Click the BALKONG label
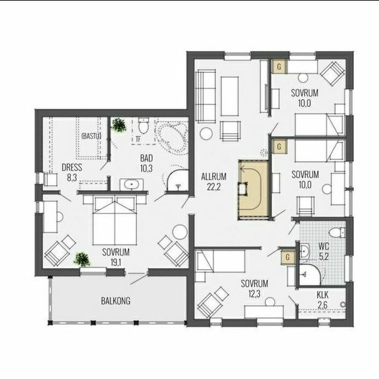[115, 301]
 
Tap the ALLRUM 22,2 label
[214, 181]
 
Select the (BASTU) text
[92, 136]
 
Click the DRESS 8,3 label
[72, 173]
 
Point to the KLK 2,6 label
[323, 300]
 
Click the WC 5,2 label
[324, 252]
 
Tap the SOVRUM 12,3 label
[254, 289]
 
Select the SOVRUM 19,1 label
[116, 257]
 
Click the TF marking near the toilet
[138, 139]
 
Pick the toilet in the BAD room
[143, 125]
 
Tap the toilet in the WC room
[337, 233]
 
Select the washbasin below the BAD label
[132, 185]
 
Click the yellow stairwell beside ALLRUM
[254, 189]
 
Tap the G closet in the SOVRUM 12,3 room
[287, 257]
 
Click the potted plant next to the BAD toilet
[119, 125]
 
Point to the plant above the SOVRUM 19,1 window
[82, 259]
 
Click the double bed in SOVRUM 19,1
[115, 220]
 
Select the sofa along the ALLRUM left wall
[205, 96]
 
